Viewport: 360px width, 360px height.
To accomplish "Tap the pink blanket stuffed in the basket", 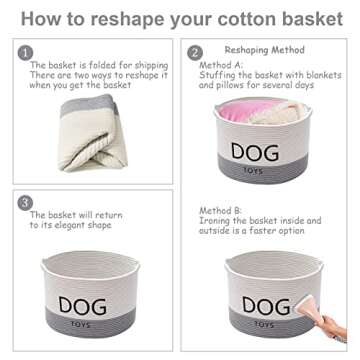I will (x=240, y=112).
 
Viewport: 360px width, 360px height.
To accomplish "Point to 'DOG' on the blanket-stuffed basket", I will (x=256, y=151).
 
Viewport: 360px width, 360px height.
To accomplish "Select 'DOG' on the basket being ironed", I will (x=257, y=305).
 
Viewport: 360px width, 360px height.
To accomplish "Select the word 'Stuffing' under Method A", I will (x=221, y=75).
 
